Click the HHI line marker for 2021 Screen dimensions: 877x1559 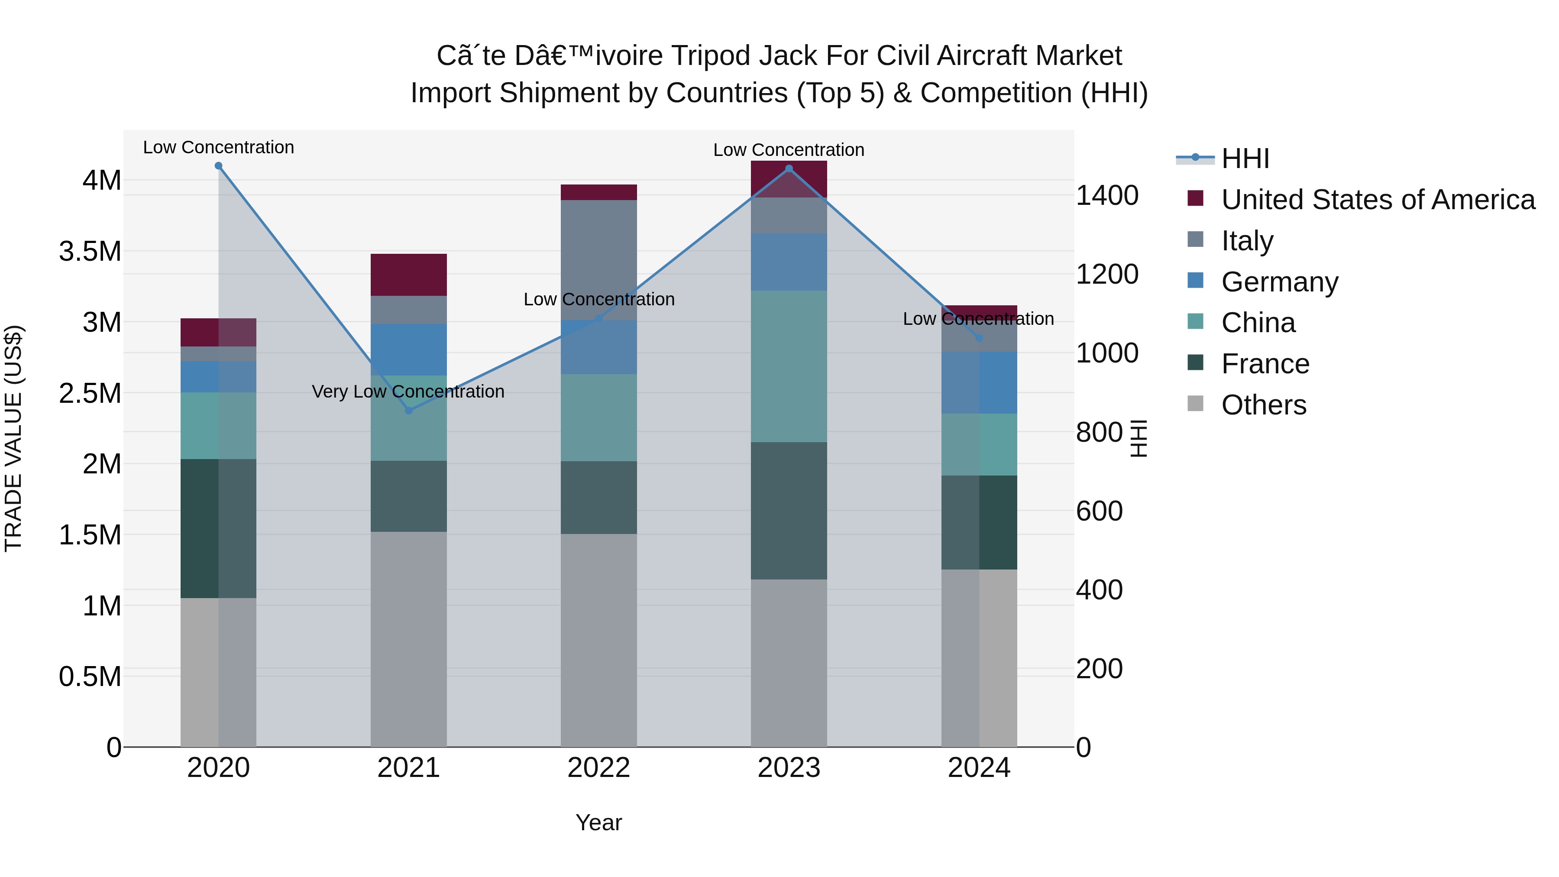pyautogui.click(x=408, y=411)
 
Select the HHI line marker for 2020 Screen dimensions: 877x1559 pyautogui.click(x=219, y=166)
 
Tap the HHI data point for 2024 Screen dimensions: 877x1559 pyautogui.click(x=979, y=338)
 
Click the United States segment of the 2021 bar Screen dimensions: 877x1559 pyautogui.click(x=408, y=275)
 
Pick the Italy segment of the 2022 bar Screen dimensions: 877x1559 pyautogui.click(x=598, y=260)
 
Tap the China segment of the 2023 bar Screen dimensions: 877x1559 pyautogui.click(x=789, y=366)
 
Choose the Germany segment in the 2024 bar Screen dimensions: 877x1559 pyautogui.click(x=979, y=382)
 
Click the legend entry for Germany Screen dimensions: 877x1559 pyautogui.click(x=1279, y=282)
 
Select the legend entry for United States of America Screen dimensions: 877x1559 pyautogui.click(x=1378, y=200)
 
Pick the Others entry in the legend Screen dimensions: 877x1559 pyautogui.click(x=1263, y=405)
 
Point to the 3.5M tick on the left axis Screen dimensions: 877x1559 pyautogui.click(x=90, y=251)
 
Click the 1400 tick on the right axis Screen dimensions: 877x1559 pyautogui.click(x=1107, y=195)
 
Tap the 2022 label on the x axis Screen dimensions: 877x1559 pyautogui.click(x=598, y=768)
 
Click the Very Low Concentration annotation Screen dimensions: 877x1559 pyautogui.click(x=408, y=392)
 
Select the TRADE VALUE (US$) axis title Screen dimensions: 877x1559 pyautogui.click(x=13, y=438)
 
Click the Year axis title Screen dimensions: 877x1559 pyautogui.click(x=598, y=822)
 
